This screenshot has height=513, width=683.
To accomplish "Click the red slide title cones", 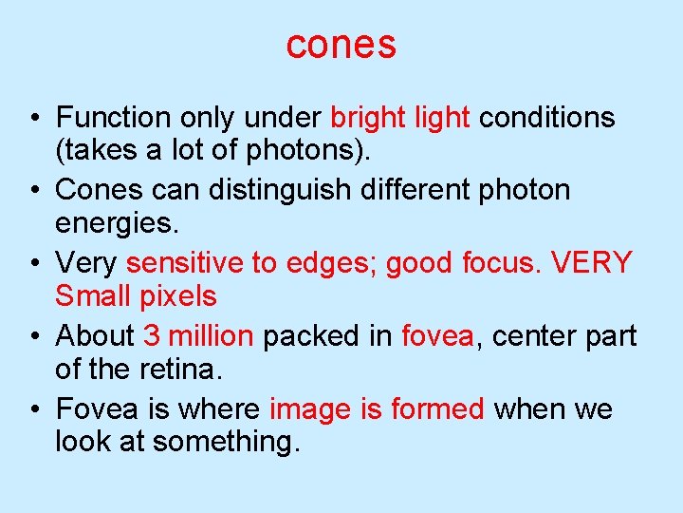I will (x=341, y=44).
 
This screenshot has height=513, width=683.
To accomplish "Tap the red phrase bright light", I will (x=399, y=118).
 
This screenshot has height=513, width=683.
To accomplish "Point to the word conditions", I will (x=547, y=118).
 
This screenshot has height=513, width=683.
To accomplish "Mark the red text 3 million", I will (x=198, y=336).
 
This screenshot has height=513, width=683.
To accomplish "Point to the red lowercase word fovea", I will (x=437, y=336).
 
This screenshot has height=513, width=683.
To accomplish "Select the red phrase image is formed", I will (x=378, y=409).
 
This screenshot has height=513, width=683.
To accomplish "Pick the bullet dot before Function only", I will (x=33, y=119).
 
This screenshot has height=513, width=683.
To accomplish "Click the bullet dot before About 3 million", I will (x=33, y=337).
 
